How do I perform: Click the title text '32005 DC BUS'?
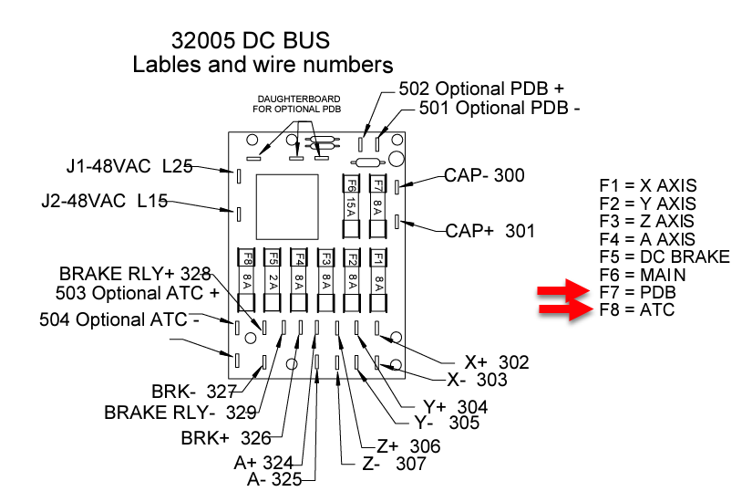(x=250, y=41)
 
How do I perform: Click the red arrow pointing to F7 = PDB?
(x=563, y=292)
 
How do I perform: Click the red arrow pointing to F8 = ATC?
(x=563, y=311)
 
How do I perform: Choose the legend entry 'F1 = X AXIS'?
(x=647, y=185)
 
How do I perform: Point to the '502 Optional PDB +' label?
(x=481, y=89)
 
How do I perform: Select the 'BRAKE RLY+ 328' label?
(x=135, y=273)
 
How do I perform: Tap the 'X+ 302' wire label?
(x=496, y=362)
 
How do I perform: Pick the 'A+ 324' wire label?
(x=263, y=462)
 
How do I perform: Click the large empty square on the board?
(x=285, y=206)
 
